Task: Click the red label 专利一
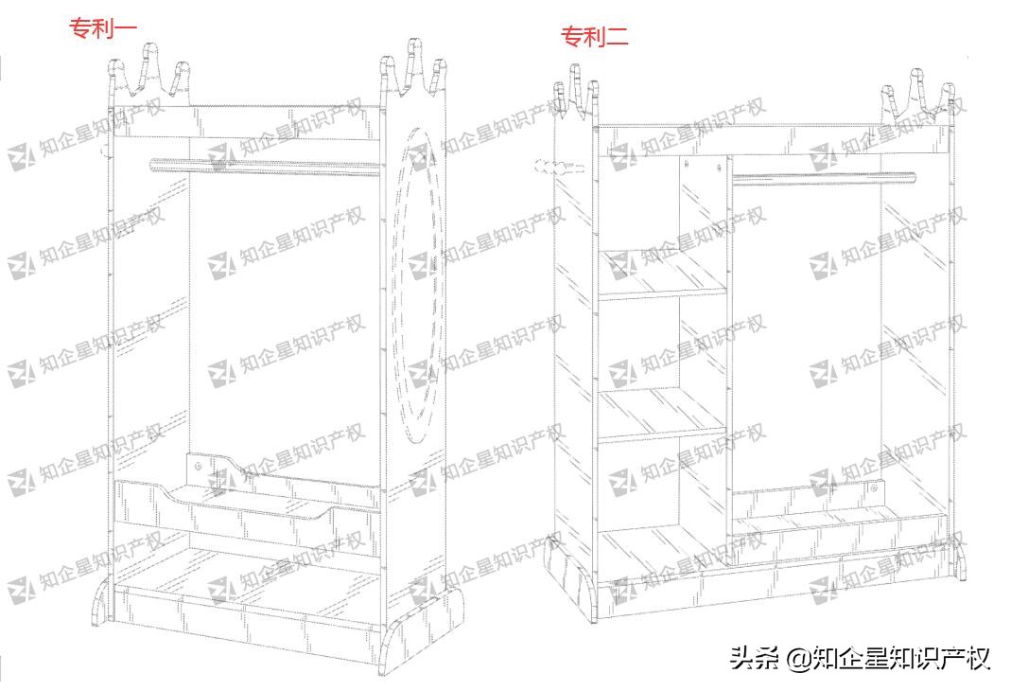click(x=104, y=29)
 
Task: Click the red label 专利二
click(x=595, y=37)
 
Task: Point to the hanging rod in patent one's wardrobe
click(x=265, y=167)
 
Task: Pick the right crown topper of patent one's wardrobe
click(x=411, y=71)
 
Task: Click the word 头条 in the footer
click(x=752, y=658)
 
